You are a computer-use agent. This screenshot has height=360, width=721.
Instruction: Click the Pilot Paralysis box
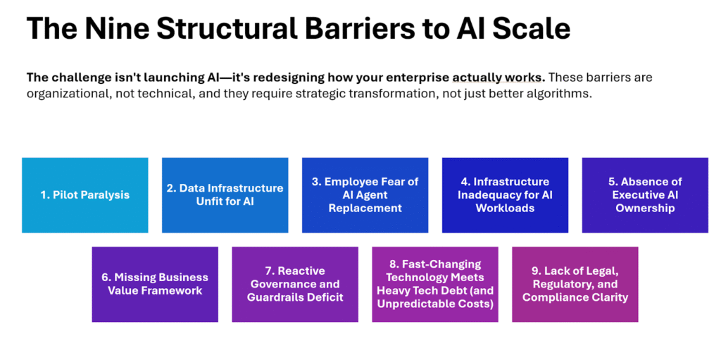coord(84,195)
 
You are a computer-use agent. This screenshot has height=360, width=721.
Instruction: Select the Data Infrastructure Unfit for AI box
coord(225,195)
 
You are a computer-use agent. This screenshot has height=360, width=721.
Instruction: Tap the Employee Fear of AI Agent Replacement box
coord(365,195)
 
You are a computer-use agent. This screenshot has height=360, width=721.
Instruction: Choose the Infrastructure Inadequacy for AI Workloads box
coord(505,195)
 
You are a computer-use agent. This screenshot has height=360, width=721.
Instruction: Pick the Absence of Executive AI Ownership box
coord(645,195)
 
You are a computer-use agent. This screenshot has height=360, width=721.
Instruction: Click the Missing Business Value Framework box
coord(155,284)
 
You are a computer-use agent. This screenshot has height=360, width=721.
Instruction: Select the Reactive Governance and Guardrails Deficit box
coord(295,284)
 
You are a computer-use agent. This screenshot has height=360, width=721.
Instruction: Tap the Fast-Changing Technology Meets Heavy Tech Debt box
coord(435,284)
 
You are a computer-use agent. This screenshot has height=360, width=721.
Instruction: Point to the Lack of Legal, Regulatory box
coord(575,284)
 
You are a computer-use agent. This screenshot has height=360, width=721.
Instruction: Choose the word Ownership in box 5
coord(645,208)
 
